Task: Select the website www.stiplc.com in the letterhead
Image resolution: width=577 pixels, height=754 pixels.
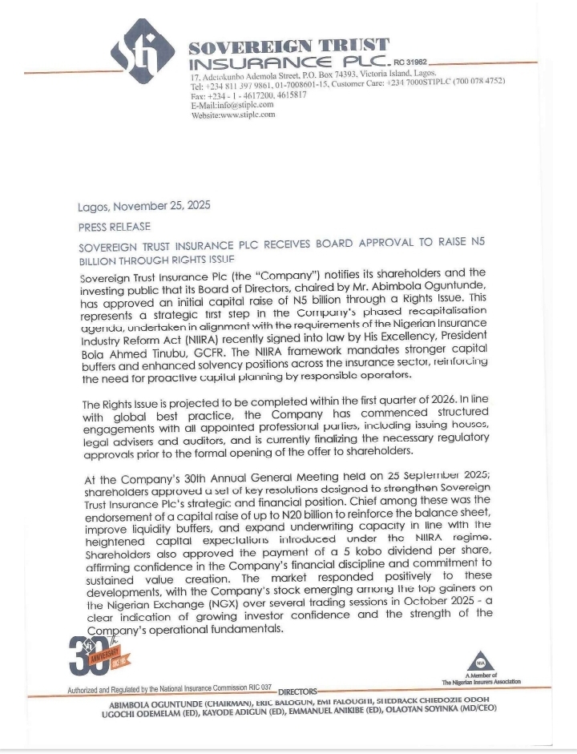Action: tap(232, 115)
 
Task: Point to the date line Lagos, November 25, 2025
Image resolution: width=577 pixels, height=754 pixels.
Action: tap(144, 206)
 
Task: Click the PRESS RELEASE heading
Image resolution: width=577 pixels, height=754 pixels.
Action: tap(114, 227)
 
